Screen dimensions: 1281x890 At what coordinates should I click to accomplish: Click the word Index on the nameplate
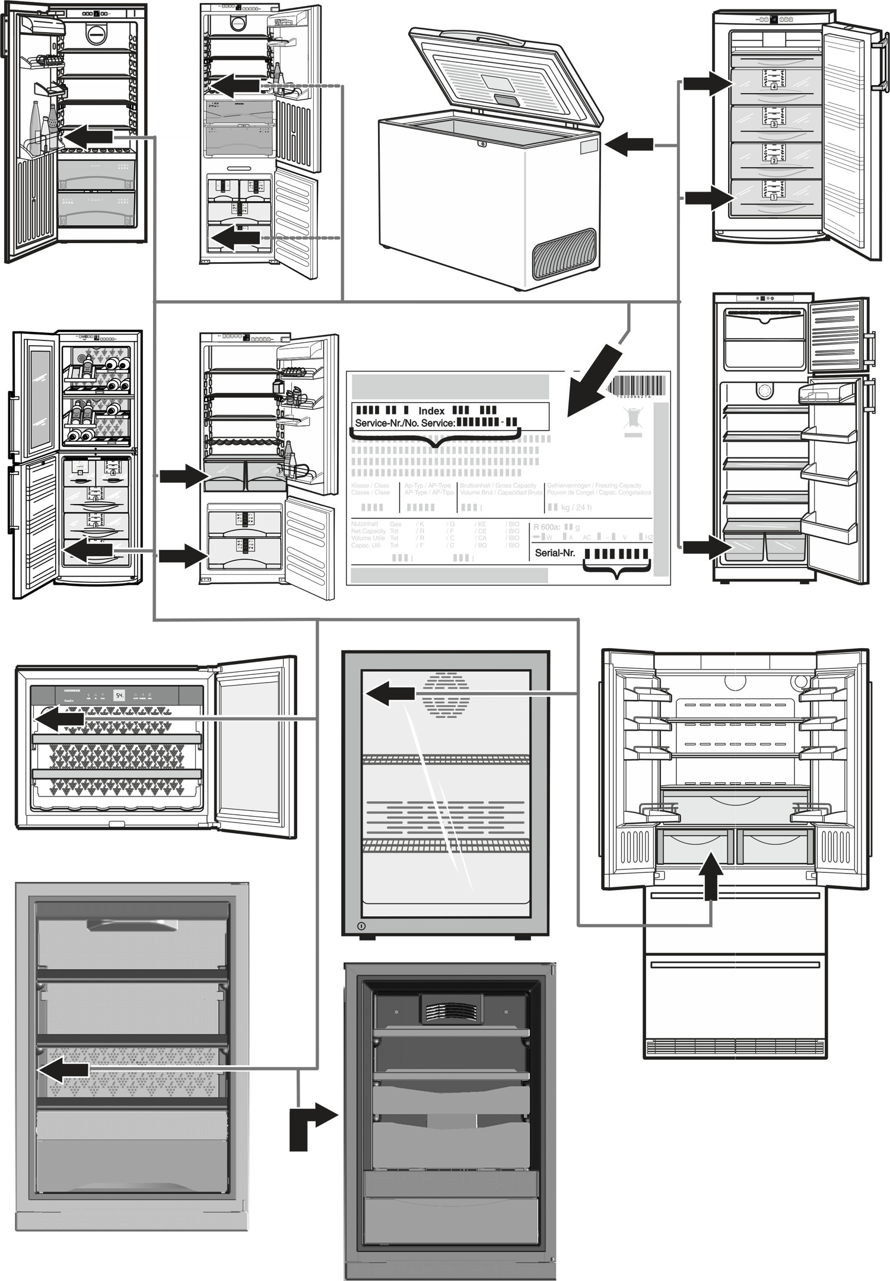(x=431, y=411)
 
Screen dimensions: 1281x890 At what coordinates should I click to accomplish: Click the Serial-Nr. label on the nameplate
(x=555, y=553)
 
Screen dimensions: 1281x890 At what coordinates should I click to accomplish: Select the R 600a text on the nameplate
(x=546, y=527)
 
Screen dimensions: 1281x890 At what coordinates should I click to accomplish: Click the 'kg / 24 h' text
(x=576, y=508)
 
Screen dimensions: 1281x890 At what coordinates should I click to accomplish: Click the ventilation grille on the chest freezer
(x=564, y=253)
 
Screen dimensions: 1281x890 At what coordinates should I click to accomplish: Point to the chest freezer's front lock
(x=482, y=144)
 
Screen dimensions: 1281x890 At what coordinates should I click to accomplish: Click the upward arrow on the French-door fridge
(x=711, y=874)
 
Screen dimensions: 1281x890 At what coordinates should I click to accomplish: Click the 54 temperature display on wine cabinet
(x=119, y=695)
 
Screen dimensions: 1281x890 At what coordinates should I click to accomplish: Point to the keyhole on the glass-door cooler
(x=361, y=926)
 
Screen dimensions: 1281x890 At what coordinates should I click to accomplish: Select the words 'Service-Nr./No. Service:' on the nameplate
(x=405, y=423)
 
